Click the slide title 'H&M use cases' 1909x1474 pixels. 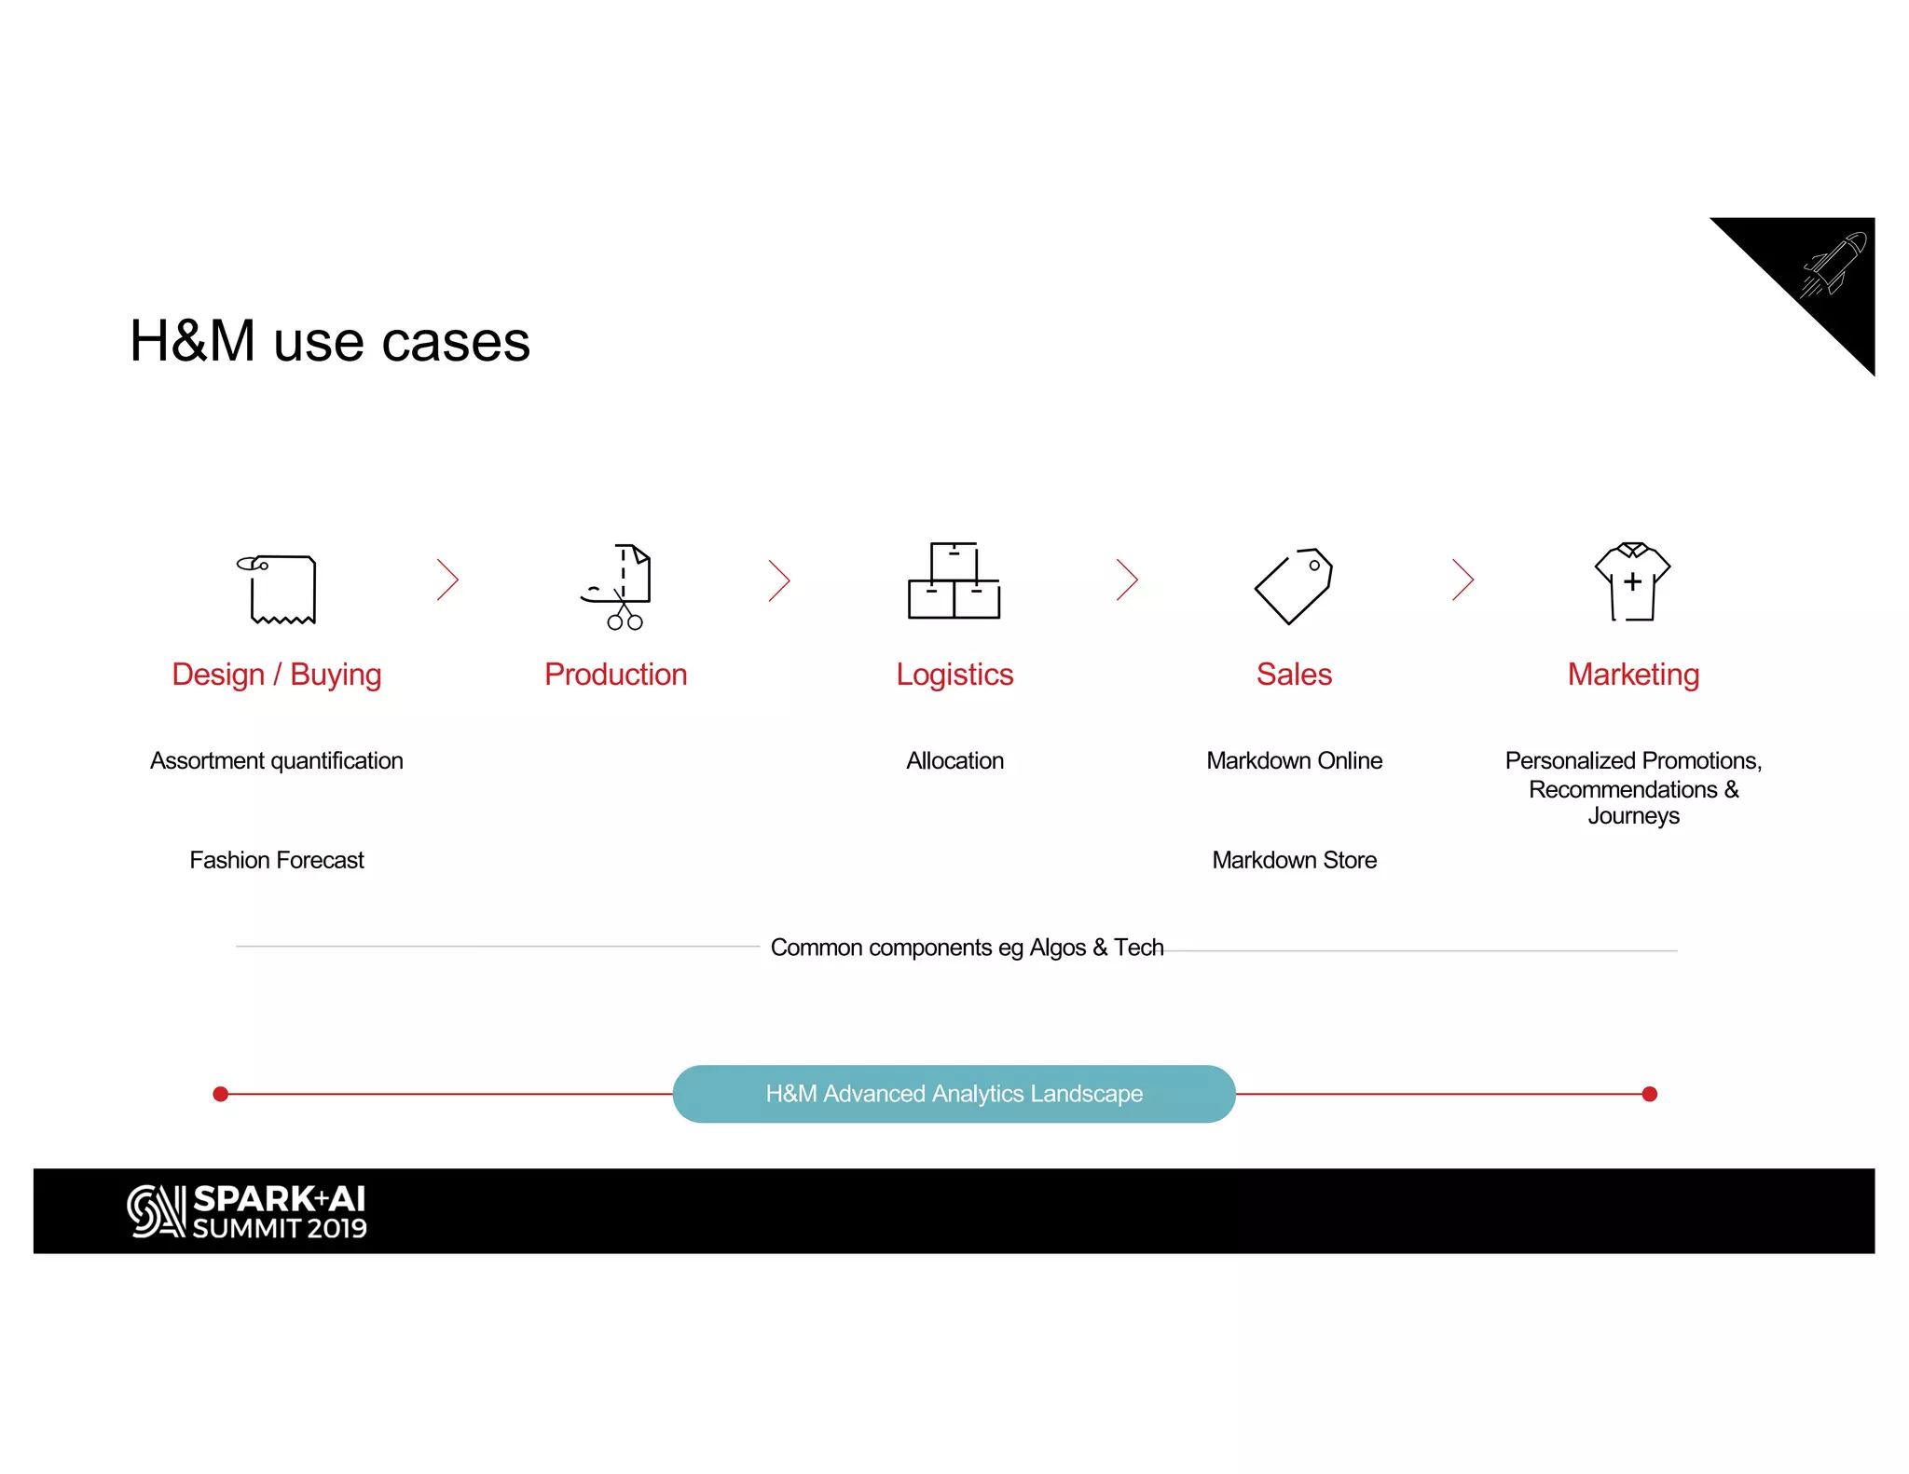click(330, 341)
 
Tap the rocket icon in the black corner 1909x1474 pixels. click(1833, 265)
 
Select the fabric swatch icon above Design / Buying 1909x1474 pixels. click(279, 589)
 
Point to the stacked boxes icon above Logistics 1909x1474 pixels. click(954, 581)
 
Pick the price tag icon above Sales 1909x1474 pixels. click(1294, 585)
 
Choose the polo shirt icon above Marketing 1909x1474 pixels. click(1632, 581)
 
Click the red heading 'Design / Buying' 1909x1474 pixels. click(277, 674)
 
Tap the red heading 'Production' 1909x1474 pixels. click(616, 674)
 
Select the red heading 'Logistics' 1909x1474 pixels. click(954, 674)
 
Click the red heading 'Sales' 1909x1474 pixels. click(1294, 674)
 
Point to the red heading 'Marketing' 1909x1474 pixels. click(1633, 674)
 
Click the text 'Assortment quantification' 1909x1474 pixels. click(277, 760)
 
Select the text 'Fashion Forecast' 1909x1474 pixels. click(277, 860)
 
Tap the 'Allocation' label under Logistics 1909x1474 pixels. click(954, 760)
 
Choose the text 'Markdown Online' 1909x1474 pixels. click(1294, 760)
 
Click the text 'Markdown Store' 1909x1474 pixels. click(1294, 860)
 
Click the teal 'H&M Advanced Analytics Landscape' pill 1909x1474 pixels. click(954, 1093)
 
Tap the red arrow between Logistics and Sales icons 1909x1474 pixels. click(1127, 580)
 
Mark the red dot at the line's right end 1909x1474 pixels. click(1649, 1094)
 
